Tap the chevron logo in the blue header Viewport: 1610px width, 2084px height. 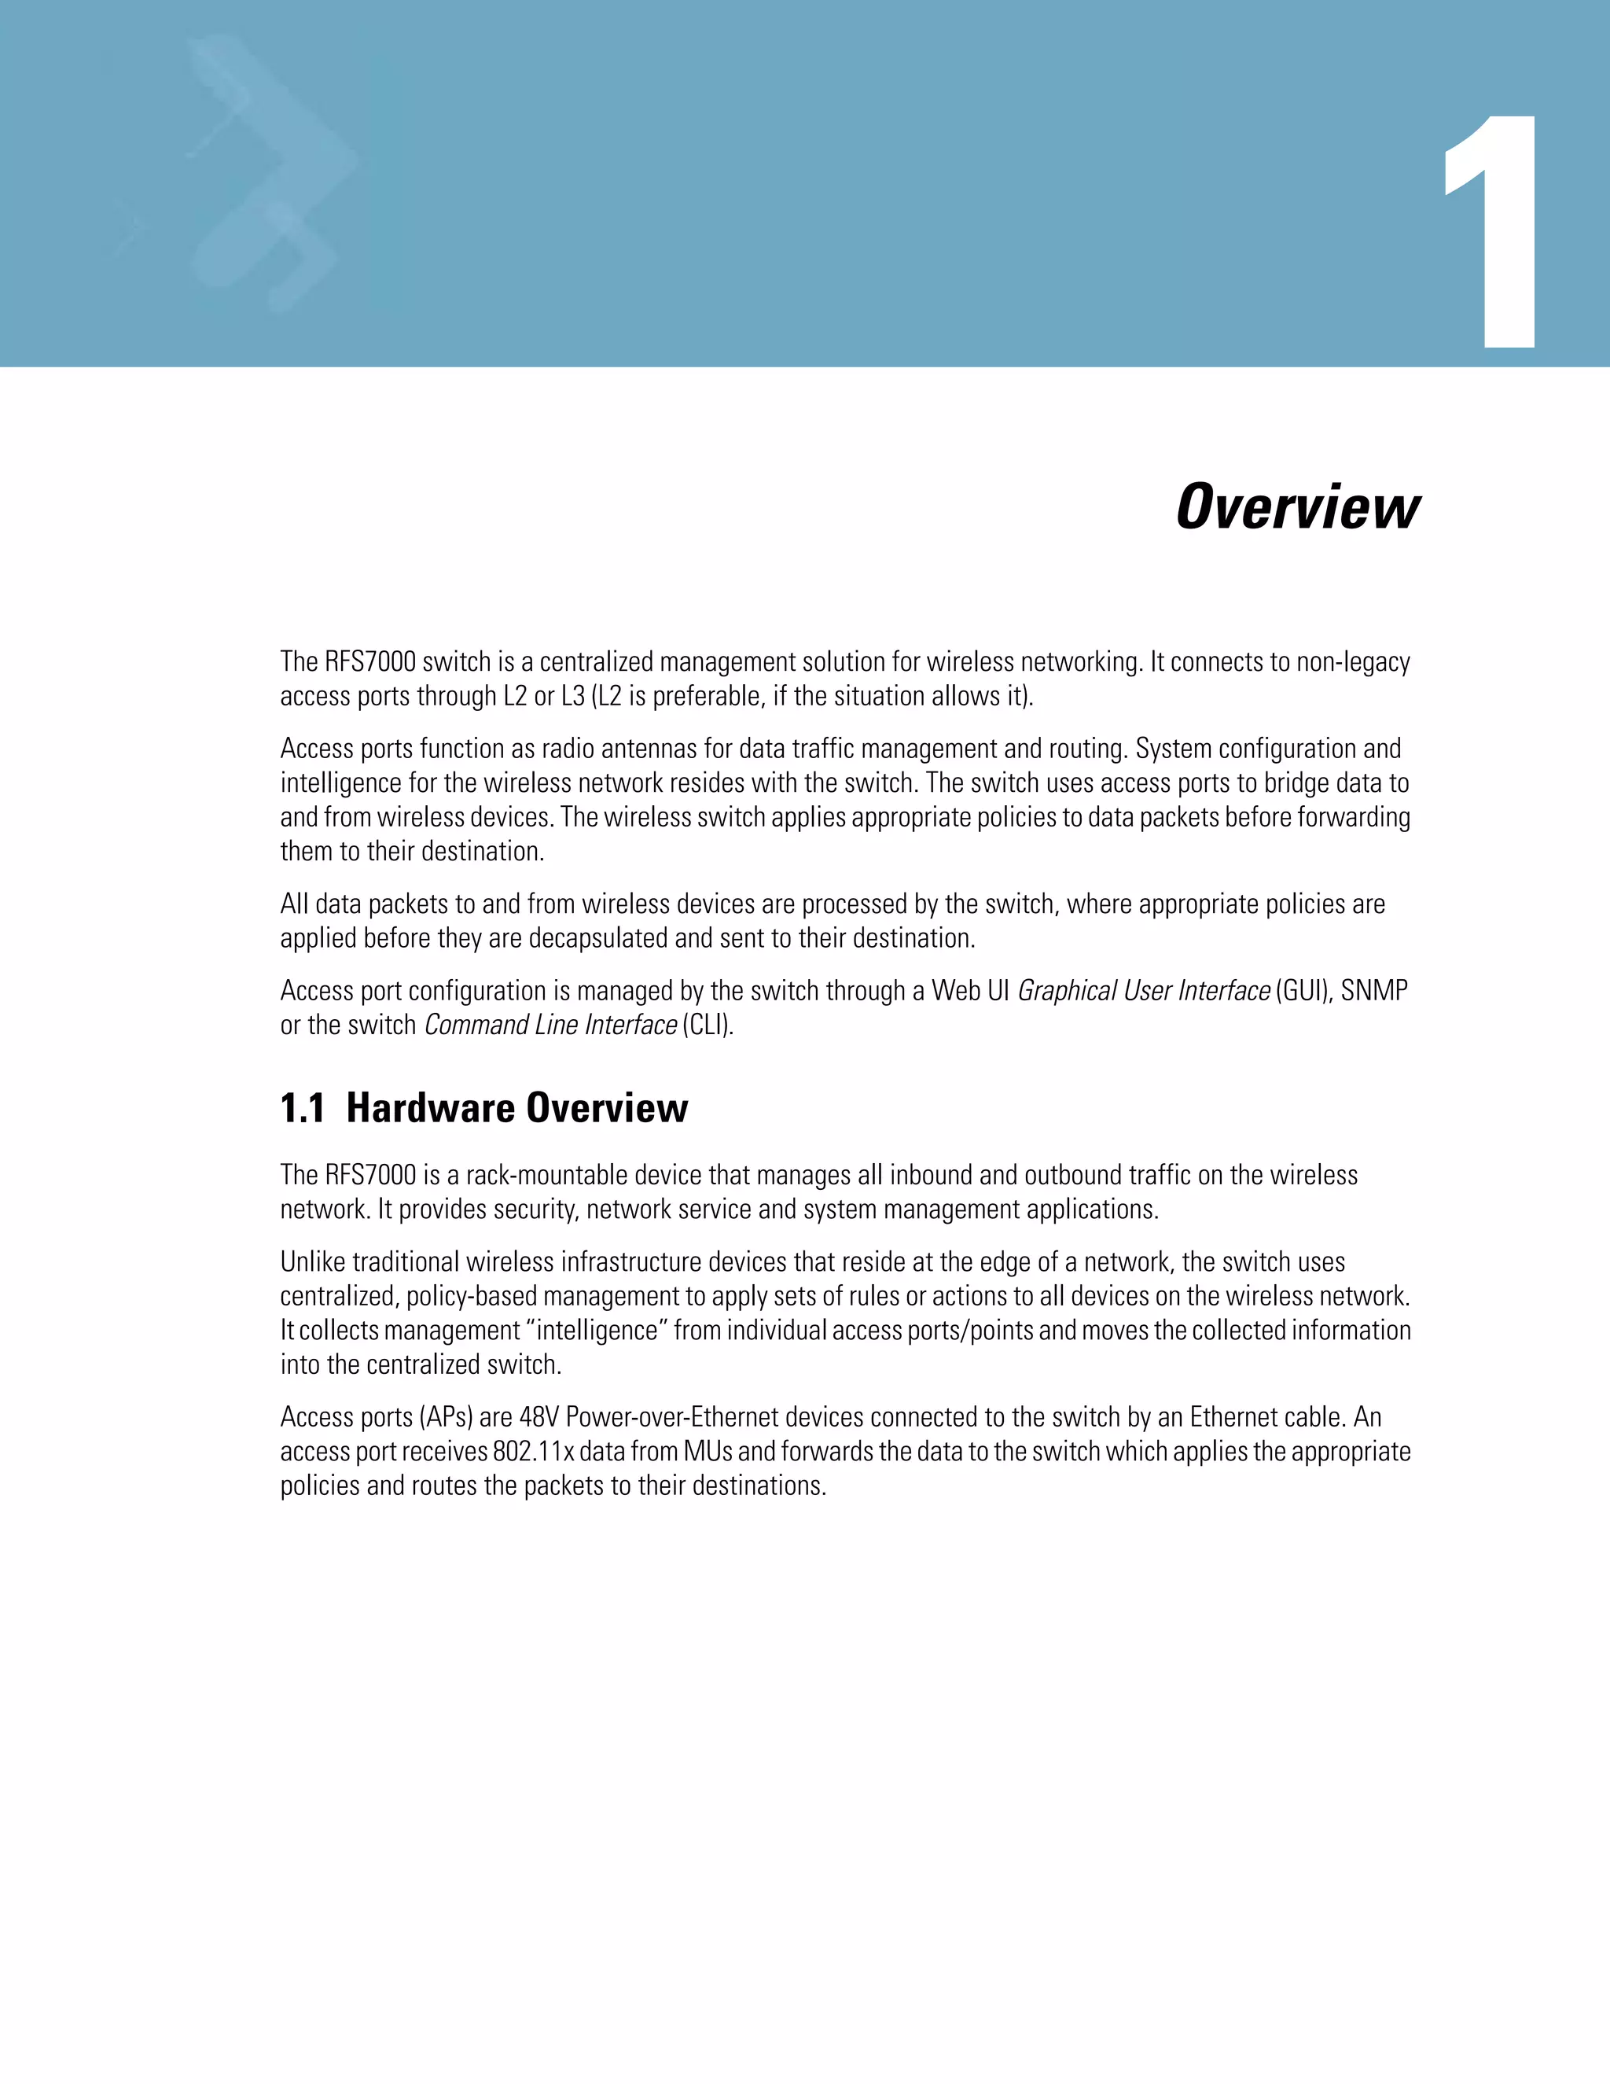(x=272, y=171)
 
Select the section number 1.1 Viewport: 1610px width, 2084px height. (x=303, y=1109)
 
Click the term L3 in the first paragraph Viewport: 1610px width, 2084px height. (x=572, y=697)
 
